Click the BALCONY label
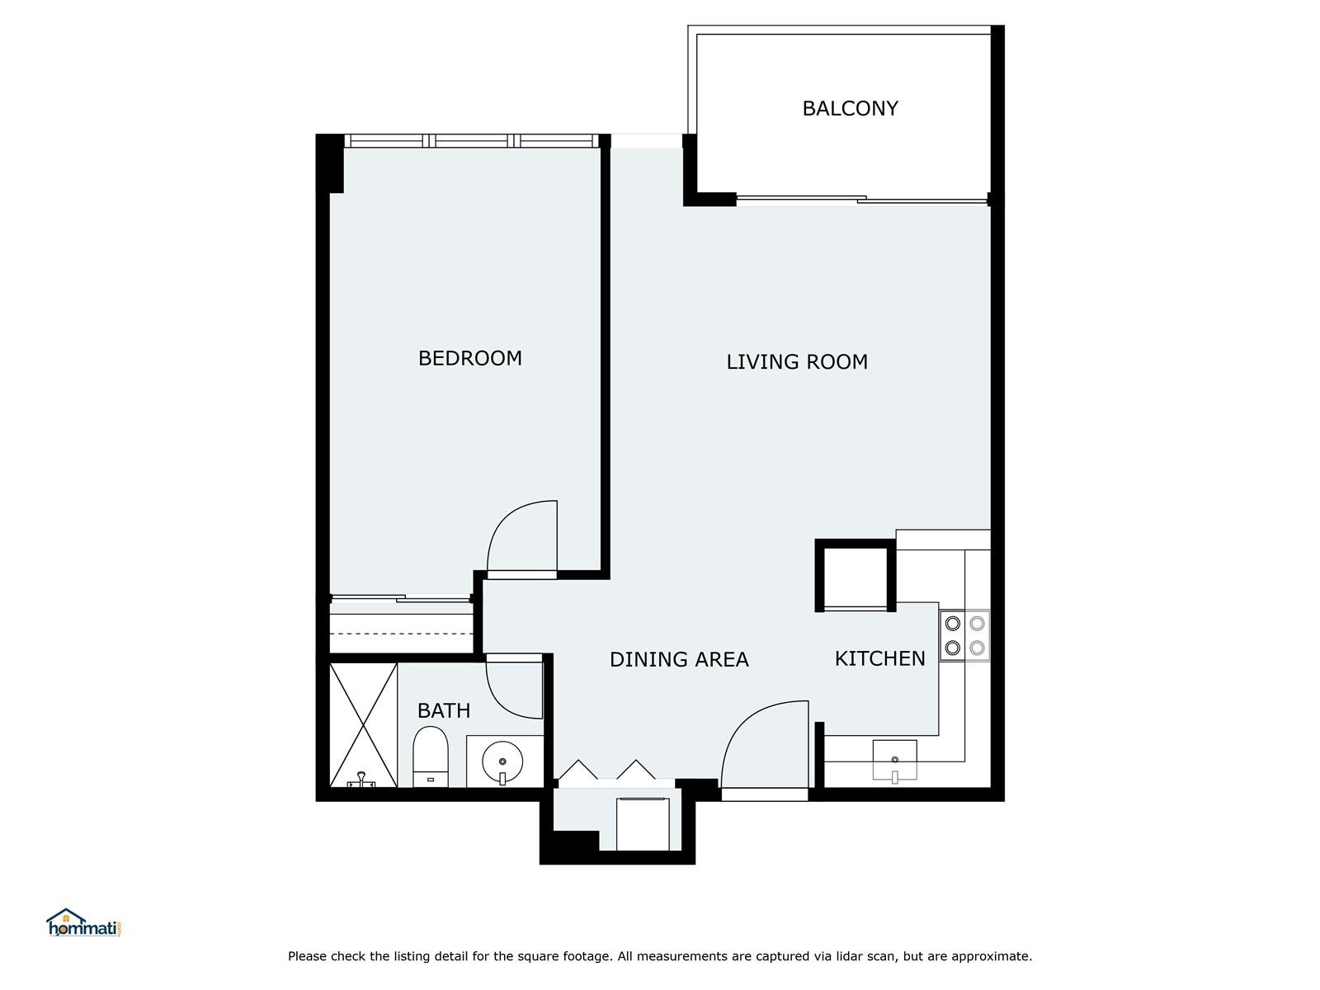[x=850, y=108]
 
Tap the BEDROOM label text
[x=469, y=358]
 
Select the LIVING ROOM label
[x=797, y=362]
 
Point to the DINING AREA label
[x=679, y=659]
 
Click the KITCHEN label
[x=879, y=659]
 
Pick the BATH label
[x=443, y=710]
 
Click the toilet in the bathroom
[x=430, y=757]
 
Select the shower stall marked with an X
[x=363, y=725]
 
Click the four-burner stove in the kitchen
[x=964, y=635]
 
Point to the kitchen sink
[x=895, y=761]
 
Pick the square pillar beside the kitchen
[x=856, y=575]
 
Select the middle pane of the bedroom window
[x=471, y=141]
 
